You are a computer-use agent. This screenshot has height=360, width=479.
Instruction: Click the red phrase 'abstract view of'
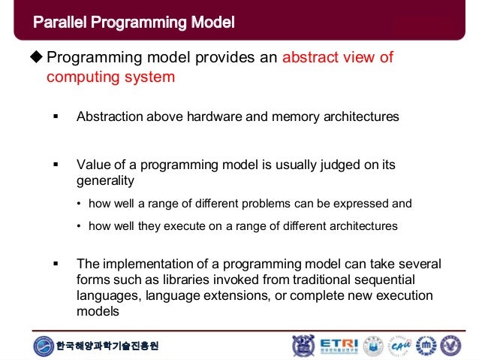tap(337, 59)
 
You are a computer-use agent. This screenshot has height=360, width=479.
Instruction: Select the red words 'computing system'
tap(110, 77)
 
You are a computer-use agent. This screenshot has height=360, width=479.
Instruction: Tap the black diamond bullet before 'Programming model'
tap(38, 59)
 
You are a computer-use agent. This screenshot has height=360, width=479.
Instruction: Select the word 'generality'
tap(105, 180)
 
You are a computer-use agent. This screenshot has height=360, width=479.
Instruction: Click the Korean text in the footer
tap(107, 346)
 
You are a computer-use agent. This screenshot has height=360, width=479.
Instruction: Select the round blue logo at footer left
tap(44, 346)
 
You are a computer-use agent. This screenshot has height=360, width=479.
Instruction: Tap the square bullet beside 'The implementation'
tap(55, 264)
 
